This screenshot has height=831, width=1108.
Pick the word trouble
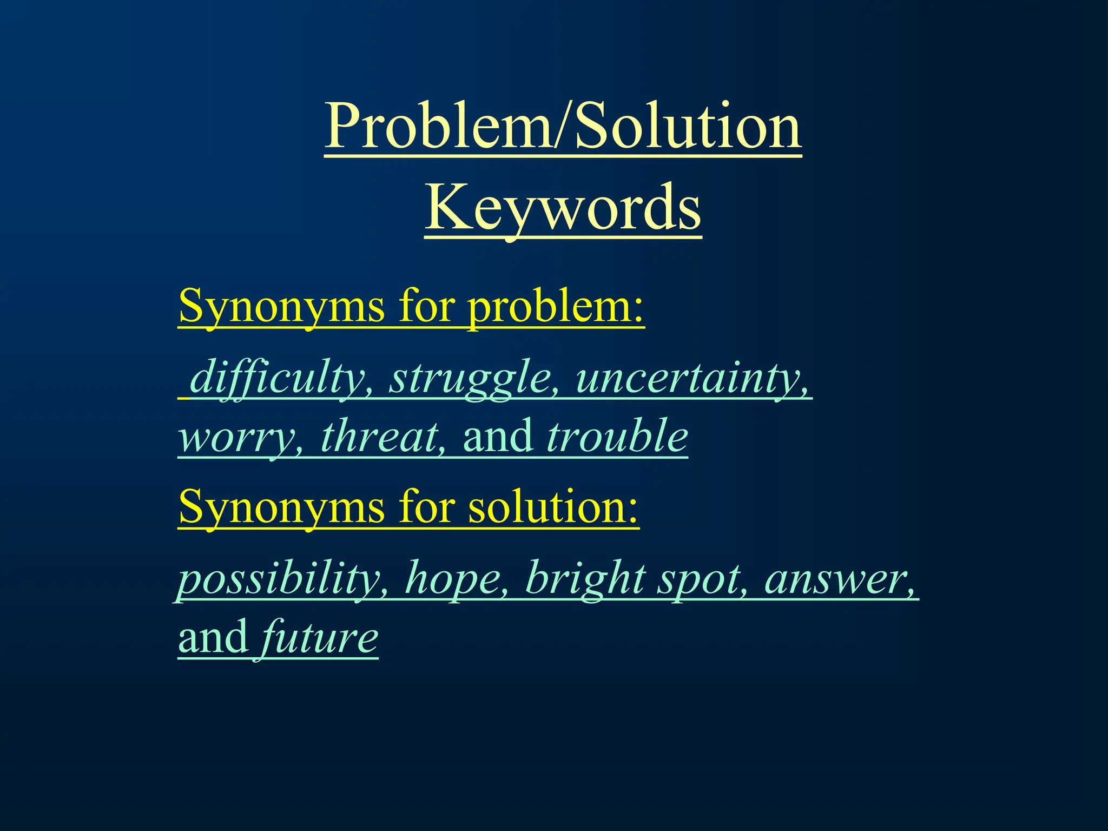pyautogui.click(x=617, y=437)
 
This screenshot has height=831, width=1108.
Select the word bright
pyautogui.click(x=586, y=578)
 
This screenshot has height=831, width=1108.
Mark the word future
pyautogui.click(x=320, y=637)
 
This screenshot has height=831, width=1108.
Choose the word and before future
pyautogui.click(x=213, y=637)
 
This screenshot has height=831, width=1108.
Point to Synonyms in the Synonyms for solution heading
pyautogui.click(x=282, y=507)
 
